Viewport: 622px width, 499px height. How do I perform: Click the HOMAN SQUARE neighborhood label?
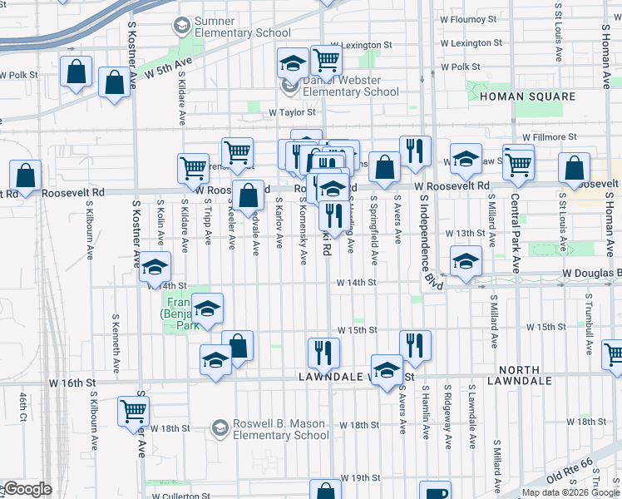(x=527, y=97)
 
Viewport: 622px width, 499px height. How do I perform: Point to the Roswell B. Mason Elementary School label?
(x=281, y=428)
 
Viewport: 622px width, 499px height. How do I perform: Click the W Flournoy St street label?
(x=467, y=17)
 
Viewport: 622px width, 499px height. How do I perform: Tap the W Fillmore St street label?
(x=550, y=136)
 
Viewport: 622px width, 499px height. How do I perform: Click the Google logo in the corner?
(x=27, y=489)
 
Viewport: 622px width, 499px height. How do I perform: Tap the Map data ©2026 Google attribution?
(x=570, y=492)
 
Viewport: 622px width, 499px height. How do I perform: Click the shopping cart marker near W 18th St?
(x=133, y=410)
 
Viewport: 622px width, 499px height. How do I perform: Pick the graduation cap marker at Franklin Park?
(x=207, y=309)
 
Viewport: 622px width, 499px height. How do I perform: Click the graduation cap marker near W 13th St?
(x=466, y=261)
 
